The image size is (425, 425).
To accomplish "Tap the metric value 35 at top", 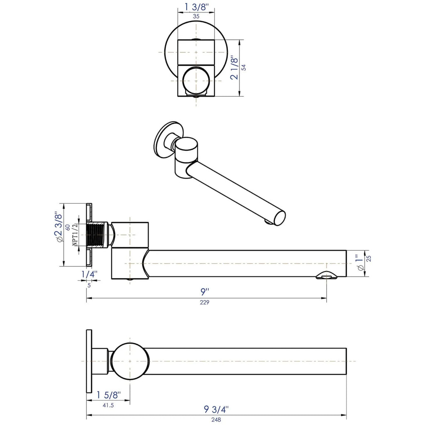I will [196, 16].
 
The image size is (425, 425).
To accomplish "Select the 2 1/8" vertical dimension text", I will [234, 68].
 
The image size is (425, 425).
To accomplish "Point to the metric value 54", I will [244, 68].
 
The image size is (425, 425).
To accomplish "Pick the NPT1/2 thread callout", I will [75, 235].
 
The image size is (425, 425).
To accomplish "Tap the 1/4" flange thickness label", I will [89, 274].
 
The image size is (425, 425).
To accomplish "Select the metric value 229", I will [205, 302].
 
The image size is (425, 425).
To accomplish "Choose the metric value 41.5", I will [107, 405].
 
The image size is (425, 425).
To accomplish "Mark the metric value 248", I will [216, 420].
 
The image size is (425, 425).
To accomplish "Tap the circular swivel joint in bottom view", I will [130, 361].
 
